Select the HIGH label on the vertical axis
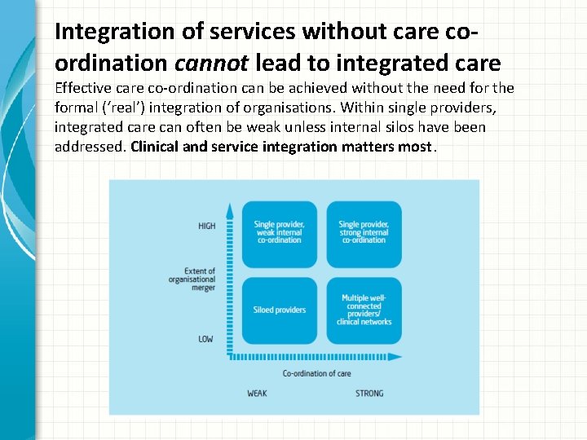(206, 226)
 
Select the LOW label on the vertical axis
(205, 338)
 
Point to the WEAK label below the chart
(257, 394)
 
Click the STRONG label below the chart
(369, 394)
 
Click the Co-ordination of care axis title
(316, 373)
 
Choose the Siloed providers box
(280, 310)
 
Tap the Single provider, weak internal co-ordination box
(280, 233)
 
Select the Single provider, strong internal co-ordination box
(364, 233)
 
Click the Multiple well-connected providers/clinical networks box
(364, 310)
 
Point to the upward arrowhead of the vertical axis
(230, 209)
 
